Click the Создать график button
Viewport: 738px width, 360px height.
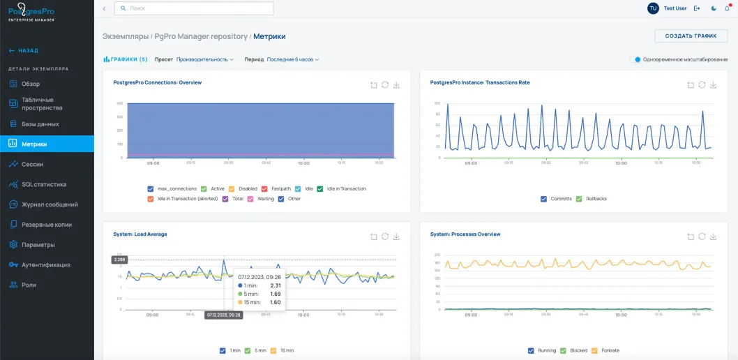(x=691, y=36)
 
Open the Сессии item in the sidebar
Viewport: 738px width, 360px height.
(x=32, y=164)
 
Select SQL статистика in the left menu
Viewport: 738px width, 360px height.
(x=44, y=184)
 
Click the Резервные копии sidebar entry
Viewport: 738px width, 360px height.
(x=46, y=225)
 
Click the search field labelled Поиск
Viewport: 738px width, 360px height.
(x=194, y=8)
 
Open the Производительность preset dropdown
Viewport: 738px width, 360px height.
(x=205, y=60)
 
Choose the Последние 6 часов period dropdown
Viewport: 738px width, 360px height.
(x=292, y=60)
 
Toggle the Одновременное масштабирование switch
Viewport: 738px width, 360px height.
(x=635, y=60)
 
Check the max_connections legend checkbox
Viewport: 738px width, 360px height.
(x=151, y=189)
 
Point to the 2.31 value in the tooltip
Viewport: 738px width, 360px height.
(x=275, y=285)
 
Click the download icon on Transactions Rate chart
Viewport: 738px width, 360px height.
(x=713, y=85)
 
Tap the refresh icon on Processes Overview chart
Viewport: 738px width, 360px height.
(x=702, y=237)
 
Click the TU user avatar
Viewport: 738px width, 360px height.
(x=653, y=8)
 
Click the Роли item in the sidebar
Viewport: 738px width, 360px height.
(x=29, y=285)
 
